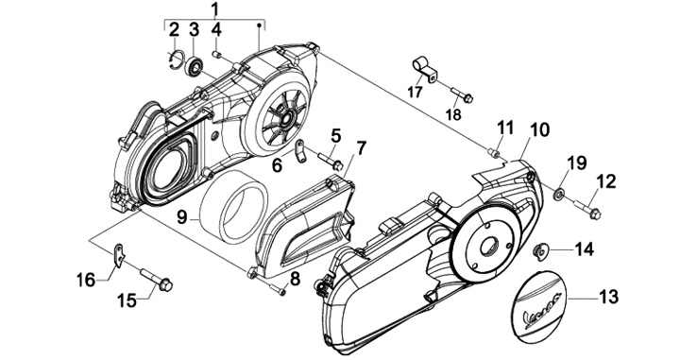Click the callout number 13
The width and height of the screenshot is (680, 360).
click(608, 297)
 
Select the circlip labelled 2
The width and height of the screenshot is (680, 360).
click(177, 60)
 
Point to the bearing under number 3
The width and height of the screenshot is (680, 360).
click(194, 64)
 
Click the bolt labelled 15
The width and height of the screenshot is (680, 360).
click(156, 280)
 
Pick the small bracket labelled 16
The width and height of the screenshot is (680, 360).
click(118, 254)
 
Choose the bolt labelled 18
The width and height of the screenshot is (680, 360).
click(462, 95)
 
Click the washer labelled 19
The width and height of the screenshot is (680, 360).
click(559, 193)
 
